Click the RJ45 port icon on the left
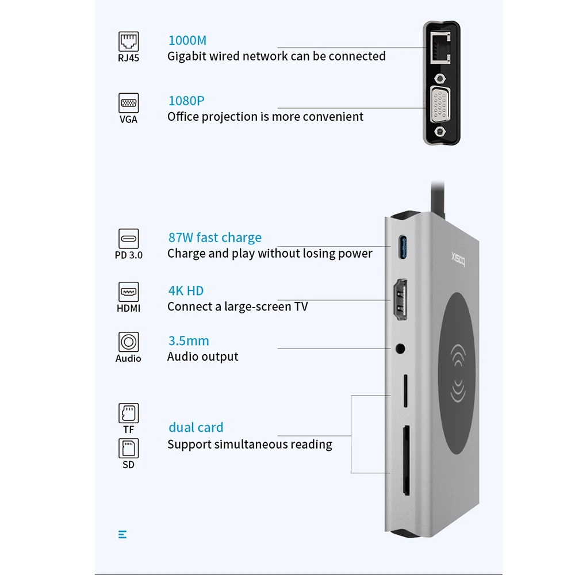pyautogui.click(x=129, y=41)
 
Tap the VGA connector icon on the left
pyautogui.click(x=129, y=103)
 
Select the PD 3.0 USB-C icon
pyautogui.click(x=129, y=238)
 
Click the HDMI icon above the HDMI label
pyautogui.click(x=129, y=292)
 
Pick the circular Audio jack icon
pyautogui.click(x=129, y=342)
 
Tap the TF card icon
pyautogui.click(x=129, y=413)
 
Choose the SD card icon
pyautogui.click(x=129, y=448)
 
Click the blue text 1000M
pyautogui.click(x=187, y=41)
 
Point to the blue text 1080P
pyautogui.click(x=186, y=101)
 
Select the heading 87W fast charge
pyautogui.click(x=214, y=237)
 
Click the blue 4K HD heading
pyautogui.click(x=186, y=291)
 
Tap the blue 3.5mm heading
pyautogui.click(x=189, y=341)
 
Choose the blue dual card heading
pyautogui.click(x=196, y=428)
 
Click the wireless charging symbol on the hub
pyautogui.click(x=464, y=374)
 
